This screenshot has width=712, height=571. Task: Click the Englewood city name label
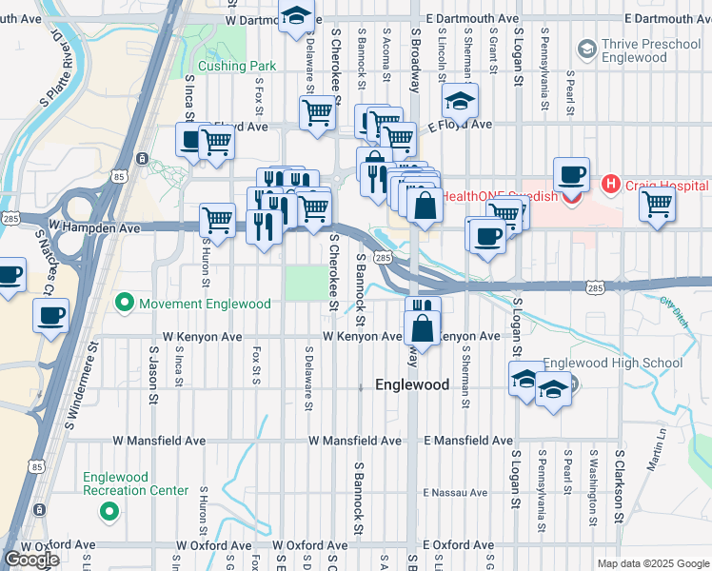(412, 385)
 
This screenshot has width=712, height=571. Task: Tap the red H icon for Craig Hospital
(610, 184)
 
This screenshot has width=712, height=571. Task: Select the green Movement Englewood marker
(123, 304)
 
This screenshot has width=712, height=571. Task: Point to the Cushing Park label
(230, 67)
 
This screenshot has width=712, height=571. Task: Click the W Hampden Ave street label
(94, 228)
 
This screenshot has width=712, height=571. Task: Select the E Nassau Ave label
(455, 493)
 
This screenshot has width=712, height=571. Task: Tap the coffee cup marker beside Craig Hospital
(571, 175)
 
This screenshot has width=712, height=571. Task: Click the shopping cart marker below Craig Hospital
(658, 203)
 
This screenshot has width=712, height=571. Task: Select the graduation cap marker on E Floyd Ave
(460, 100)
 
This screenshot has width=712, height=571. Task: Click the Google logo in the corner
(31, 560)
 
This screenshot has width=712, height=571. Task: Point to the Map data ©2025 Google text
(652, 563)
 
